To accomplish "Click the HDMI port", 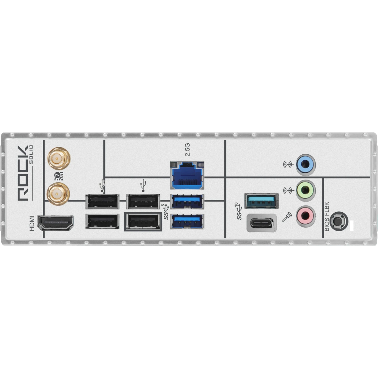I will (56, 223).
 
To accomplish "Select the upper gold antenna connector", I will (58, 158).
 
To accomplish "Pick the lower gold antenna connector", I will (58, 192).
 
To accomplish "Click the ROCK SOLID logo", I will (24, 173).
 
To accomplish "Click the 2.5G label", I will (187, 150).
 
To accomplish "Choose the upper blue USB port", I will (187, 202).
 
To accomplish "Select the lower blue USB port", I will (187, 221).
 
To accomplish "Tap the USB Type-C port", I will (262, 223).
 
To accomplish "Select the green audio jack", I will (305, 190).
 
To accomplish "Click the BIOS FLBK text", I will (326, 217).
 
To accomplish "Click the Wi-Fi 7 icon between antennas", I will (58, 175).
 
